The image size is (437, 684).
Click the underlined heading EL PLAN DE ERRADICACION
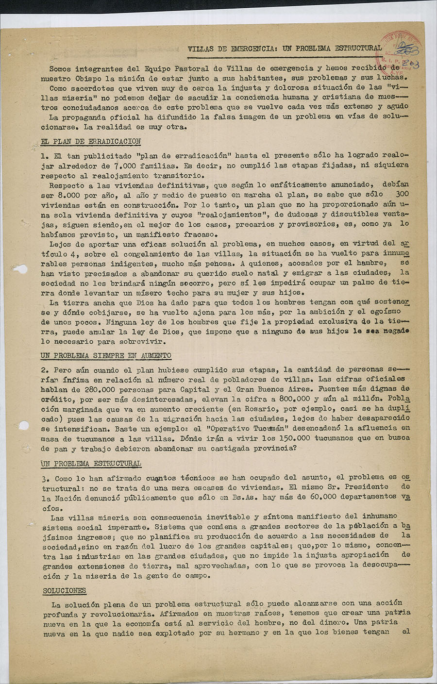pyautogui.click(x=91, y=142)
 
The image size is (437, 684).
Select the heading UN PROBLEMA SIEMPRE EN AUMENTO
pyautogui.click(x=106, y=356)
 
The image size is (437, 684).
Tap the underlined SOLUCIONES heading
pyautogui.click(x=64, y=591)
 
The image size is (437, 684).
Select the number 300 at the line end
pyautogui.click(x=403, y=195)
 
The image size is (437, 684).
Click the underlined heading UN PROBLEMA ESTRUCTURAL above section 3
pyautogui.click(x=91, y=464)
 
